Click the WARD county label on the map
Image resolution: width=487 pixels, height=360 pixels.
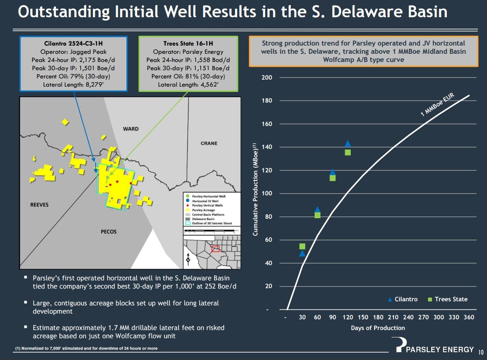click(x=131, y=129)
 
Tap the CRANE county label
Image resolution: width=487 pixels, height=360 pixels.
click(x=209, y=143)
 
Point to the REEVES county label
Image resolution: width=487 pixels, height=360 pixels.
click(x=39, y=205)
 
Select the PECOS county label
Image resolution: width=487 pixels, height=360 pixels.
click(x=109, y=232)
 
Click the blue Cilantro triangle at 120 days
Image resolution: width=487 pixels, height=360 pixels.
click(x=348, y=144)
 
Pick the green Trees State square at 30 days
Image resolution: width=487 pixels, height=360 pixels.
click(x=302, y=246)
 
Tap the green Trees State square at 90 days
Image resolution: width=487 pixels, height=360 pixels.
click(x=333, y=178)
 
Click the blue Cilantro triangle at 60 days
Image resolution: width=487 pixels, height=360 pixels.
click(x=317, y=210)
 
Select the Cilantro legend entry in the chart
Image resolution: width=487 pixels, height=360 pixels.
click(x=403, y=299)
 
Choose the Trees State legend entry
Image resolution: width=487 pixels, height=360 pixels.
click(x=448, y=299)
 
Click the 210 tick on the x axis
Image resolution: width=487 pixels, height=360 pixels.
click(x=393, y=317)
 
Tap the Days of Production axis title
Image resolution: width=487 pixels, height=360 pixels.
click(x=378, y=328)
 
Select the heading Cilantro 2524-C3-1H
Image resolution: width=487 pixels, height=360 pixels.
click(x=74, y=43)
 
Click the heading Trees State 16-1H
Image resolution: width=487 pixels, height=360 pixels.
click(x=188, y=43)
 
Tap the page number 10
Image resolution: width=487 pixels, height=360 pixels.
click(x=480, y=352)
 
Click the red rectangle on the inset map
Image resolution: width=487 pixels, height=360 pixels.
click(x=215, y=248)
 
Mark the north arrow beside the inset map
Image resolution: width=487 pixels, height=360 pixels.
click(x=188, y=258)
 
